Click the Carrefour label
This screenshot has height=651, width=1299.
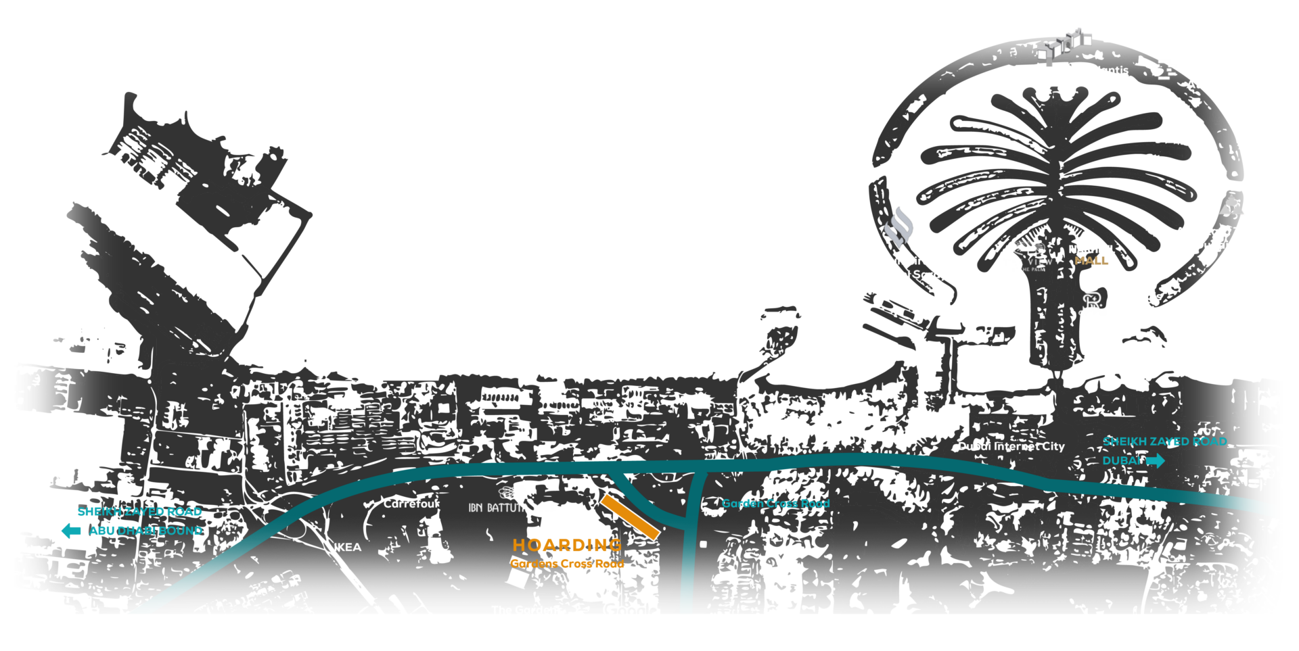pos(411,504)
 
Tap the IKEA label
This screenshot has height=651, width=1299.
pos(347,547)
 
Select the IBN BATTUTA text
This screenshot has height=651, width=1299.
pos(499,508)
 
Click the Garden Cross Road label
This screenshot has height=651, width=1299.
pos(775,504)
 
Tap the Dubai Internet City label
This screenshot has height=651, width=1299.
pos(1011,446)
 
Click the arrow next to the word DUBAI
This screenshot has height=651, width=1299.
pos(1156,461)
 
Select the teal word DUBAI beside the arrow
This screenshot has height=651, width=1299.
pos(1121,461)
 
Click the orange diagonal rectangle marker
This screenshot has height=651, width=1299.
pos(630,517)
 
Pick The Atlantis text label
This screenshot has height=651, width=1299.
pos(1095,70)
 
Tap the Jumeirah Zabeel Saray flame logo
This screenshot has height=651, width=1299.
pos(898,228)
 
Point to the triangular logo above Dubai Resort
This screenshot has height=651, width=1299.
pos(1231,204)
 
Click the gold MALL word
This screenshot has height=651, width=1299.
pos(1094,261)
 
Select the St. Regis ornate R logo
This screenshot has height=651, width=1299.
pos(1091,301)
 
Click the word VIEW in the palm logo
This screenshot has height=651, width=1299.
pos(1040,262)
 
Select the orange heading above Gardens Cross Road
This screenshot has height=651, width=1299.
pos(567,545)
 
